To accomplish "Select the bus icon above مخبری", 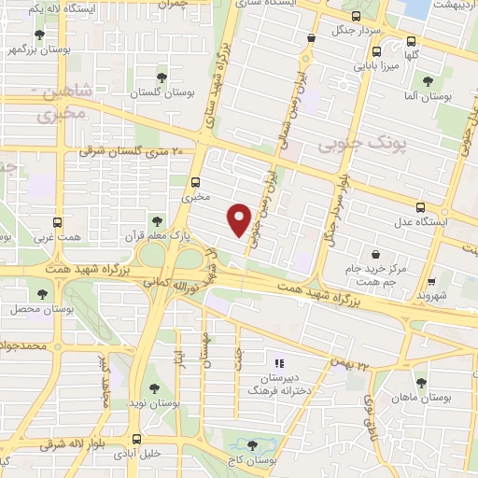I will (195, 183).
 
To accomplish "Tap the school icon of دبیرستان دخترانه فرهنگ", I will (276, 363).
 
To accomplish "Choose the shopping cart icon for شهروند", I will (430, 280).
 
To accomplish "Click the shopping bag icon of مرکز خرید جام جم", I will (375, 253).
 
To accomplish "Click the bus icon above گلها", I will (410, 41).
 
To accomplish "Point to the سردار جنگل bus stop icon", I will (310, 38).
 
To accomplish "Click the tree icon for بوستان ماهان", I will (421, 382).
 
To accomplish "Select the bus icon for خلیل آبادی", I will (136, 439).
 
